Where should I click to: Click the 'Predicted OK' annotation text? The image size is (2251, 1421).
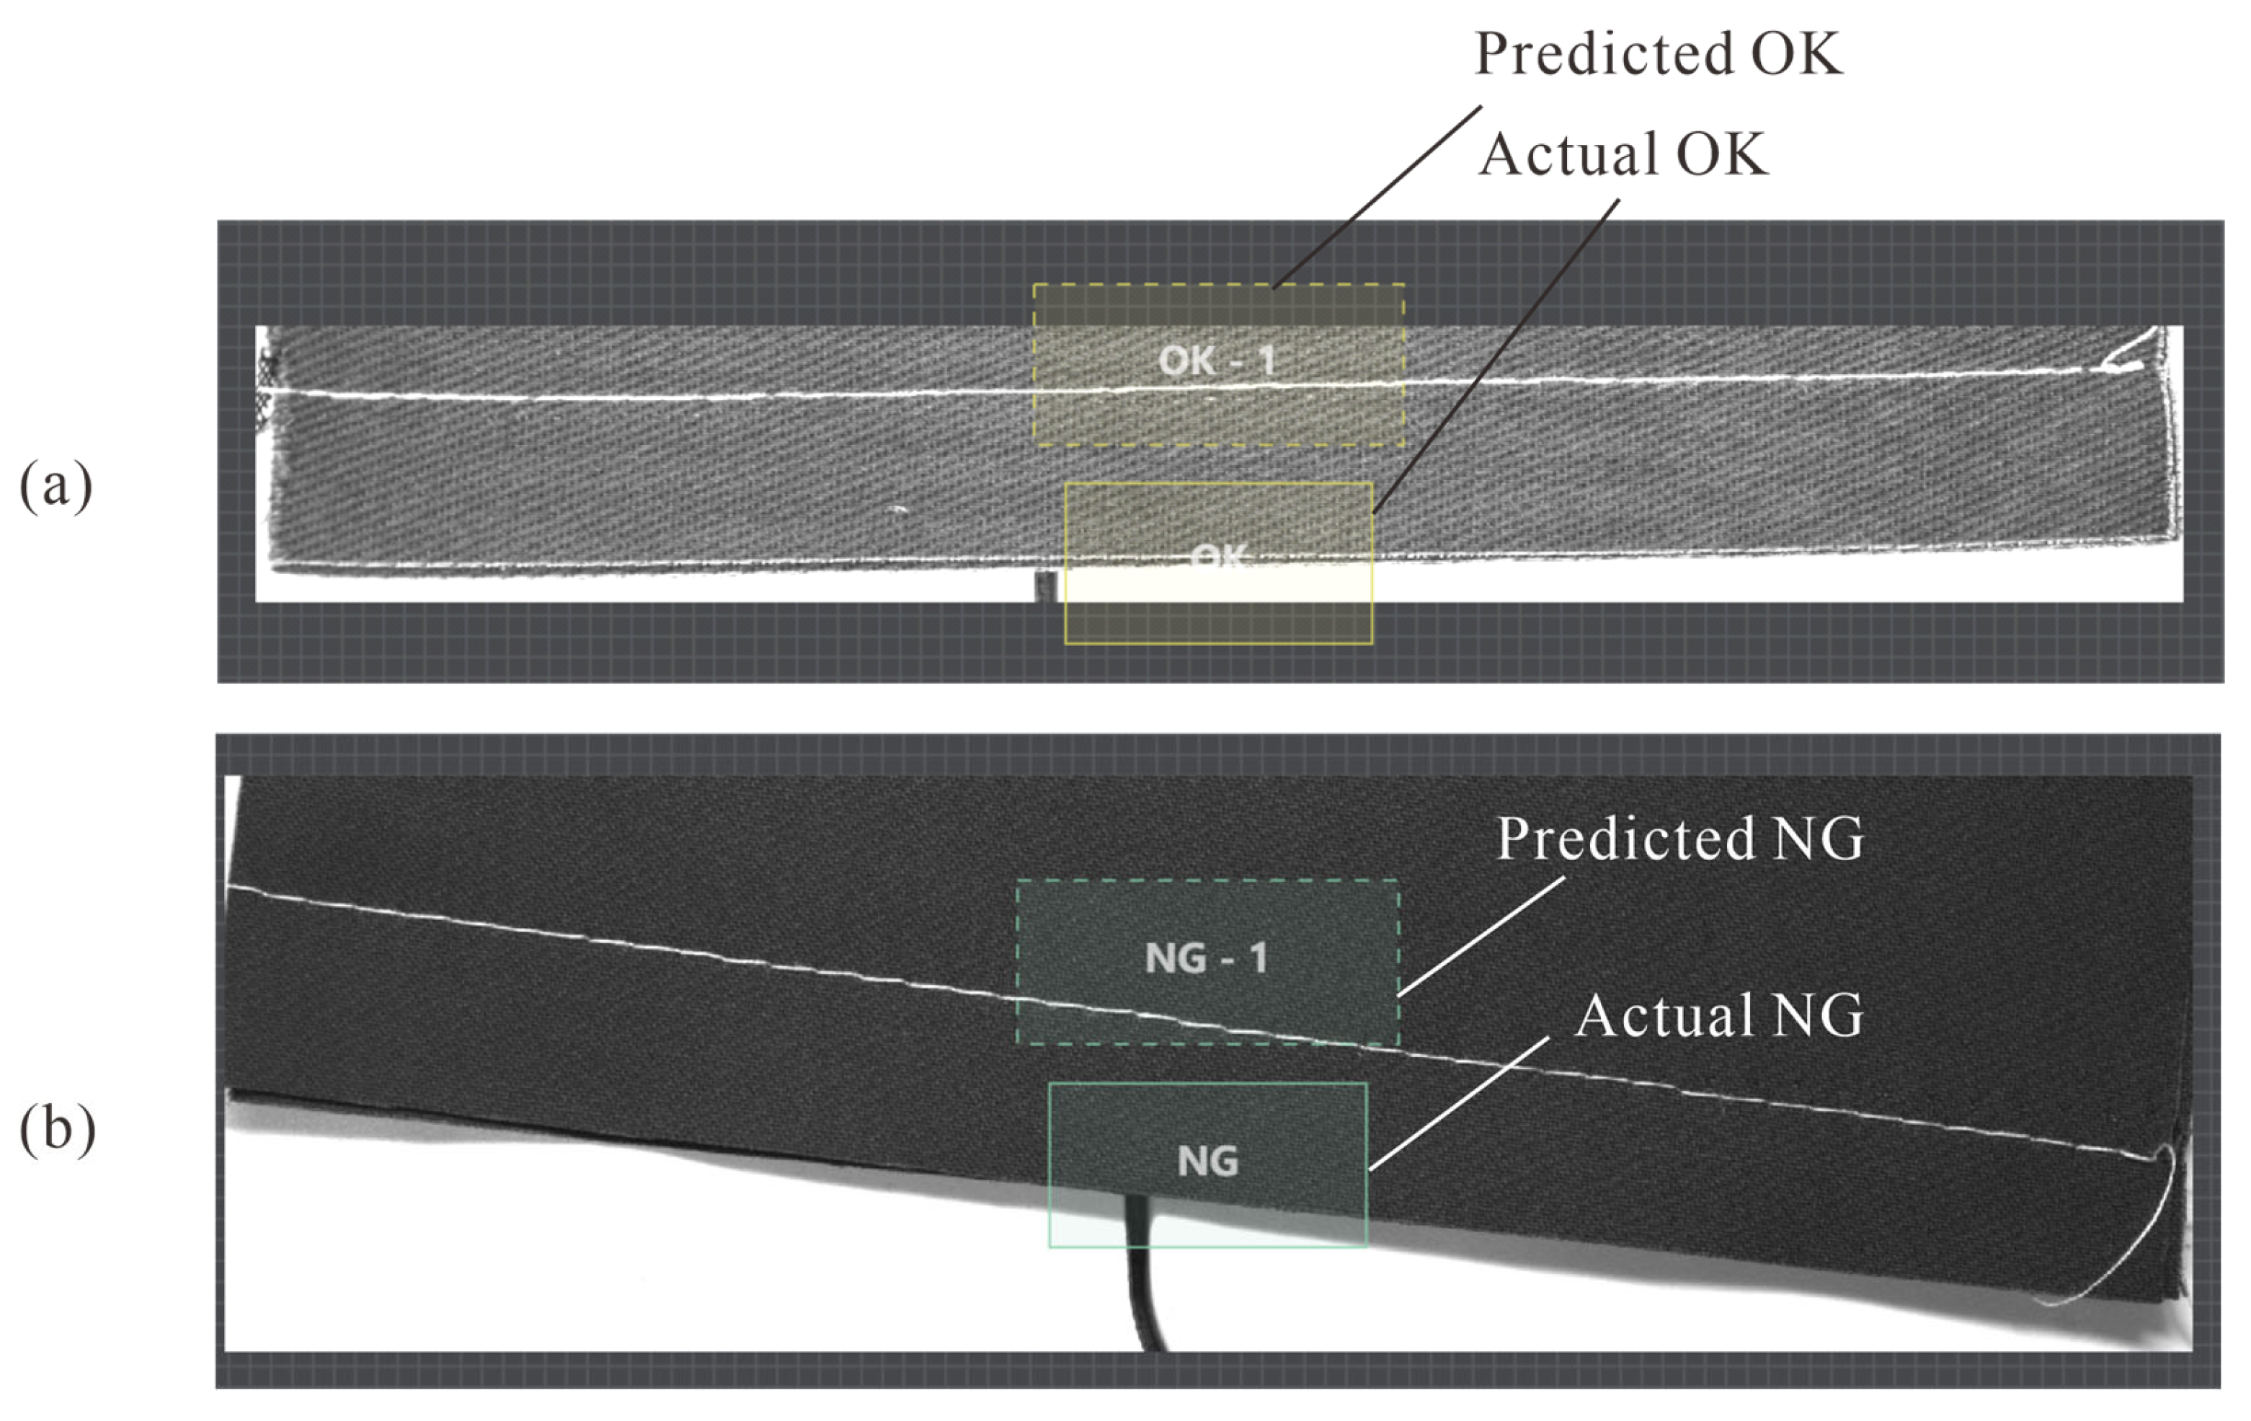click(1657, 54)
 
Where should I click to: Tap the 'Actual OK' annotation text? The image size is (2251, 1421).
click(1622, 154)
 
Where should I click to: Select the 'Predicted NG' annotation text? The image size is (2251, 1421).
click(1680, 838)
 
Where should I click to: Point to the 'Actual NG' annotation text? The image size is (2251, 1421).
click(1718, 1015)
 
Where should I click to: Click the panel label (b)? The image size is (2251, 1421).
click(57, 1129)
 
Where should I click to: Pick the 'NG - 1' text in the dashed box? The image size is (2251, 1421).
click(1206, 958)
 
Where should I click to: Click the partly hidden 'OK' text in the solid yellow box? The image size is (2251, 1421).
click(1219, 557)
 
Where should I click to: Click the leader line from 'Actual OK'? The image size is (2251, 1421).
click(1496, 355)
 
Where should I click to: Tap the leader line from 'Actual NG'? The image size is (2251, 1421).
click(1458, 1103)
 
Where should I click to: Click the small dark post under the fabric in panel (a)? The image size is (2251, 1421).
click(1046, 586)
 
